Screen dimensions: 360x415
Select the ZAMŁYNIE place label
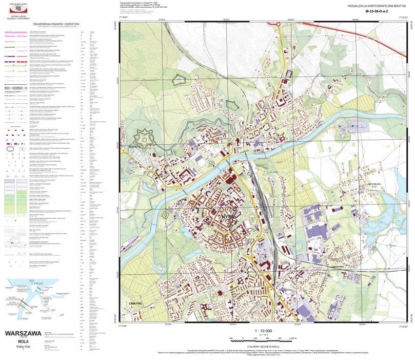(135, 304)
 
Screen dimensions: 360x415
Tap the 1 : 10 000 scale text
(263, 331)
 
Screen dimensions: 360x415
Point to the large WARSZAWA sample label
(23, 333)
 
